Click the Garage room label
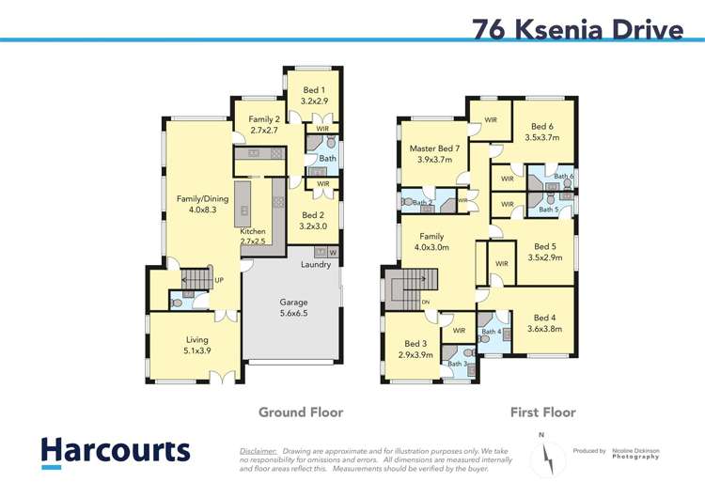tap(292, 309)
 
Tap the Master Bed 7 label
tap(434, 154)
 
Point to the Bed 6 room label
tap(542, 132)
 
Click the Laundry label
tap(316, 265)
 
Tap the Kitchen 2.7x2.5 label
tap(253, 237)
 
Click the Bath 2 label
tap(423, 203)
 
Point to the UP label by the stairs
tap(219, 280)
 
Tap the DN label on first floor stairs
tap(426, 302)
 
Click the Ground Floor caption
tap(301, 412)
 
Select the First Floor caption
tap(542, 412)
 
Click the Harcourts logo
tap(115, 452)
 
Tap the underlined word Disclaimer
tap(258, 451)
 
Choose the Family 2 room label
tap(263, 125)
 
